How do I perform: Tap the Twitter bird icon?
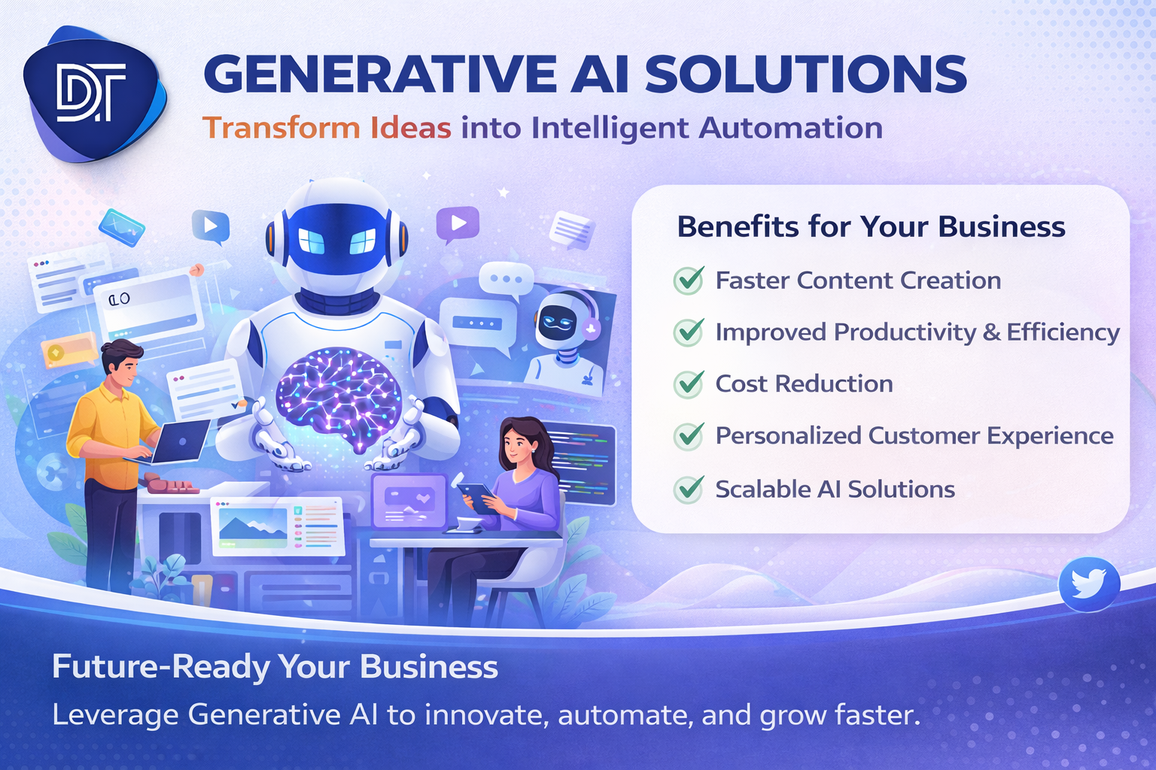[x=1088, y=584]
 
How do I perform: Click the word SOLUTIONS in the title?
[x=805, y=74]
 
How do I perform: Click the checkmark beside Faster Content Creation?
[x=689, y=280]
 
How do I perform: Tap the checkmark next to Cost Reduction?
[x=689, y=384]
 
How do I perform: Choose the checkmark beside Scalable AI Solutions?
[x=689, y=490]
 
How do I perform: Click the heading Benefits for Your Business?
[x=871, y=226]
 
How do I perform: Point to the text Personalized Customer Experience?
[x=914, y=436]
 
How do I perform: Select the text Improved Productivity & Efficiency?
[x=917, y=332]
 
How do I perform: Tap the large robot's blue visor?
[x=336, y=240]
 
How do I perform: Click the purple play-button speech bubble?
[x=457, y=223]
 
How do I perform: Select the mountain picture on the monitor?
[x=252, y=526]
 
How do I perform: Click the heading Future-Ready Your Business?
[x=275, y=667]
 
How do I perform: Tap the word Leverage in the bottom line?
[x=114, y=714]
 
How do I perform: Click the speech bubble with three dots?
[x=506, y=280]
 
